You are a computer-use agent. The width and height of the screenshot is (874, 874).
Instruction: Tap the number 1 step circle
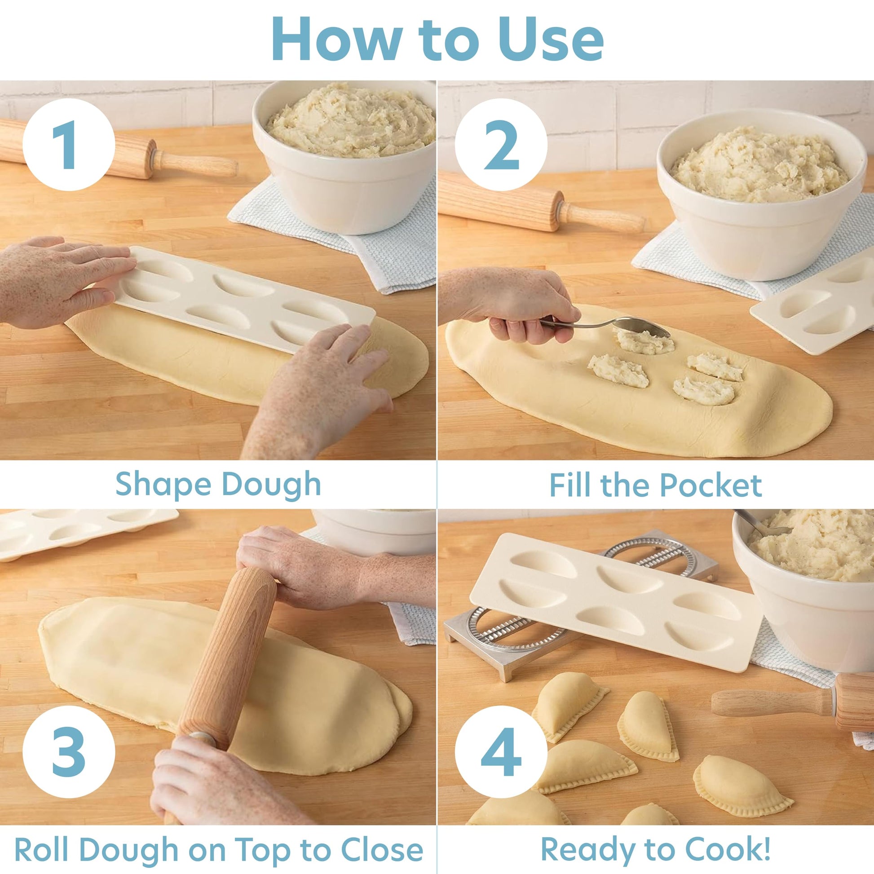pyautogui.click(x=69, y=144)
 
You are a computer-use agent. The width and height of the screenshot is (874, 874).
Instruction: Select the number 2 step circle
pyautogui.click(x=501, y=144)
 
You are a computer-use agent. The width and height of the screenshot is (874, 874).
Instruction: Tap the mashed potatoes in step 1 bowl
pyautogui.click(x=351, y=120)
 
